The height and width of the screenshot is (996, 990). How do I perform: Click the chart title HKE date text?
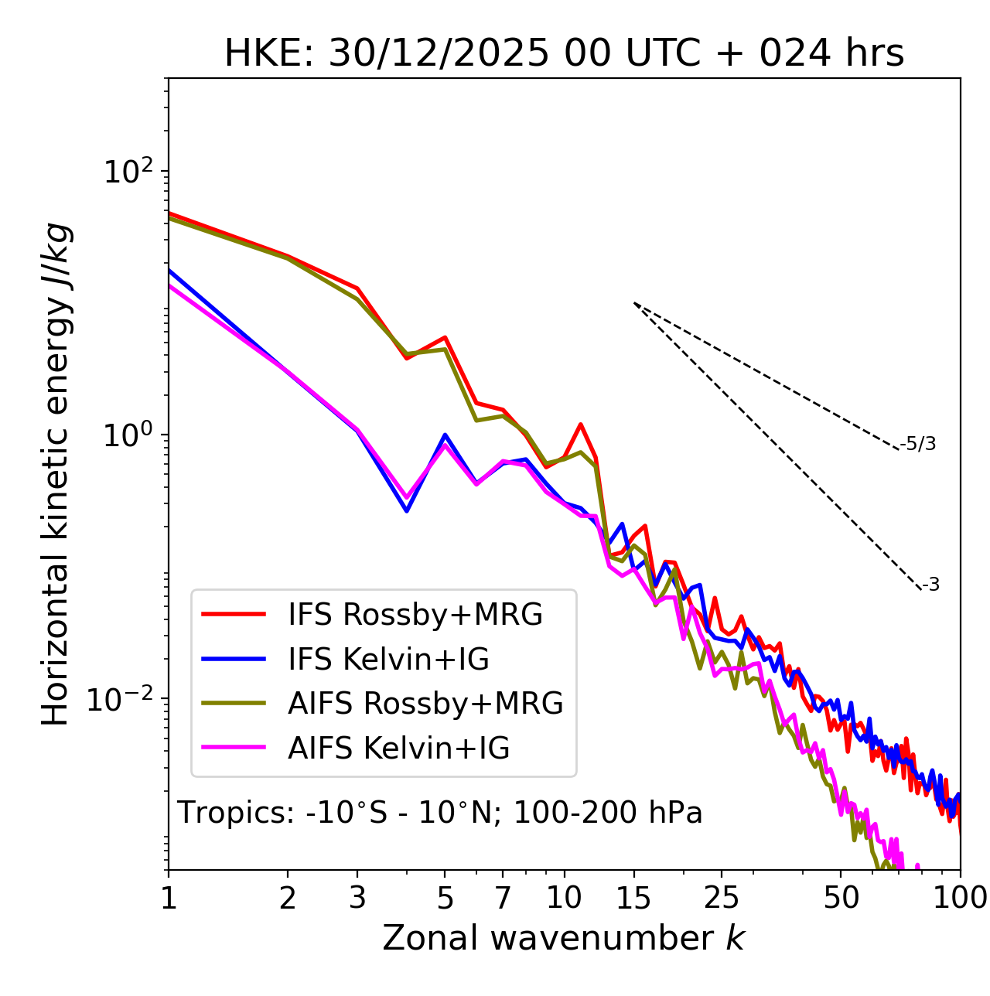click(x=564, y=53)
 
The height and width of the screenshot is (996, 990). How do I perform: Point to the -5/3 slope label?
click(x=918, y=444)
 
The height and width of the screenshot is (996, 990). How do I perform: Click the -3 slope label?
click(x=930, y=585)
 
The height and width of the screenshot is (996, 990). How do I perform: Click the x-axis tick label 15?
click(x=634, y=898)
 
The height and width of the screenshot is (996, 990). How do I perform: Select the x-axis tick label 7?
click(x=504, y=898)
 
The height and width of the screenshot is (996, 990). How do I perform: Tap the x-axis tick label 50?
click(x=841, y=898)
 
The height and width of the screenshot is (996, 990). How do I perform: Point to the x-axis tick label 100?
click(x=961, y=898)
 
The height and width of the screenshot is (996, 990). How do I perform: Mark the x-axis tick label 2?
click(x=288, y=898)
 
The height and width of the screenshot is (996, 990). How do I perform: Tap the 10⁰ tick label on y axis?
click(x=127, y=435)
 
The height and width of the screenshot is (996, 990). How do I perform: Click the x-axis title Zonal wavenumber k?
click(x=564, y=938)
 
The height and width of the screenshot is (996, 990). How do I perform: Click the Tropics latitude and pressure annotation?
click(x=439, y=813)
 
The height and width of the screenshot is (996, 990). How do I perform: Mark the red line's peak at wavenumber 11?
click(x=580, y=424)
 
